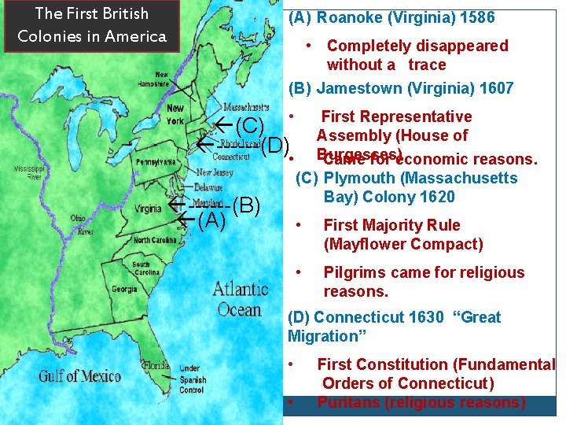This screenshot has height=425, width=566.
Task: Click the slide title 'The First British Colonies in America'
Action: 90,25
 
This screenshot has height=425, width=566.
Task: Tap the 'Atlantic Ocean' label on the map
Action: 240,298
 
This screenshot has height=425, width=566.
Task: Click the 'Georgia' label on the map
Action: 124,290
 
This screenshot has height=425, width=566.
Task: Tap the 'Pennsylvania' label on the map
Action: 156,161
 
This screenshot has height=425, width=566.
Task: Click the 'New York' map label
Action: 175,114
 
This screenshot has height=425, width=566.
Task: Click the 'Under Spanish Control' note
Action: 193,379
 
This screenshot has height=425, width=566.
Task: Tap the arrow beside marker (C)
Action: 223,124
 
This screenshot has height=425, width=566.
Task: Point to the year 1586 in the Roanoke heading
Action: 477,17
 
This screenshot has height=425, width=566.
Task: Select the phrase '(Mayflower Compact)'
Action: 403,244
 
